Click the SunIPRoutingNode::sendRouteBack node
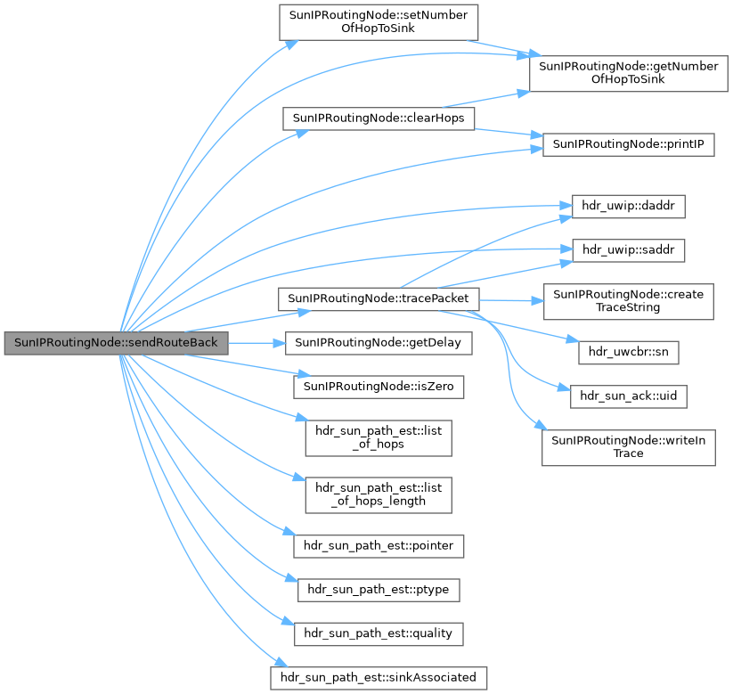click(x=116, y=343)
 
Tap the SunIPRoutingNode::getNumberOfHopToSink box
click(x=622, y=72)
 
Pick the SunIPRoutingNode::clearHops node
click(x=379, y=118)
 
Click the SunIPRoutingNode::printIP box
click(x=629, y=143)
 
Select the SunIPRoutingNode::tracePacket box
click(x=379, y=299)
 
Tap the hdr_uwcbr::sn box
click(x=629, y=352)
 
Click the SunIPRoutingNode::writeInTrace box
click(x=629, y=446)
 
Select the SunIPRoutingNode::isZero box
click(x=379, y=387)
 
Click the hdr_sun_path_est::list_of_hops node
click(x=379, y=437)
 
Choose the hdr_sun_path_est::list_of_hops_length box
click(x=379, y=494)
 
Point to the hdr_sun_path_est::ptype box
click(x=379, y=589)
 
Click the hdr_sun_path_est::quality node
click(x=379, y=633)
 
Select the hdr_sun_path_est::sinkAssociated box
click(x=379, y=677)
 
